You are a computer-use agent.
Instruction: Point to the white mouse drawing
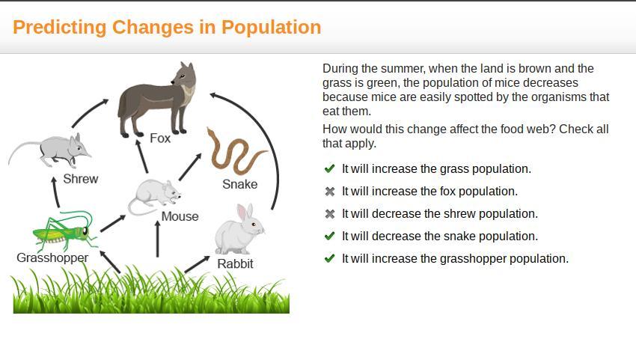click(154, 197)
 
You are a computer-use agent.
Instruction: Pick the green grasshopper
click(65, 231)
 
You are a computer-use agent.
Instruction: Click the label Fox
click(160, 138)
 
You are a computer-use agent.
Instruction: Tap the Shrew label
click(81, 179)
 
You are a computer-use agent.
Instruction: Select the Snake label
click(239, 184)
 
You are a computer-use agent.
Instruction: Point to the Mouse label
click(180, 216)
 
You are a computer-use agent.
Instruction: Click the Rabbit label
click(235, 263)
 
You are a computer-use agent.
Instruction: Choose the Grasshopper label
click(52, 257)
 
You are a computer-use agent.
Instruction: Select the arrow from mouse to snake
click(190, 167)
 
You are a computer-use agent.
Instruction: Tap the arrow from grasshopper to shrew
click(55, 192)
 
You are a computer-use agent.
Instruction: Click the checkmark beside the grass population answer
click(330, 168)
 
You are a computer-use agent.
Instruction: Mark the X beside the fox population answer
click(330, 191)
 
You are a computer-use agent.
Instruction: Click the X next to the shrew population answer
click(330, 213)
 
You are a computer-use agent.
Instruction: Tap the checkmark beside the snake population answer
click(330, 236)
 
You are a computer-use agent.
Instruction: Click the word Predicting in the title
click(59, 28)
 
